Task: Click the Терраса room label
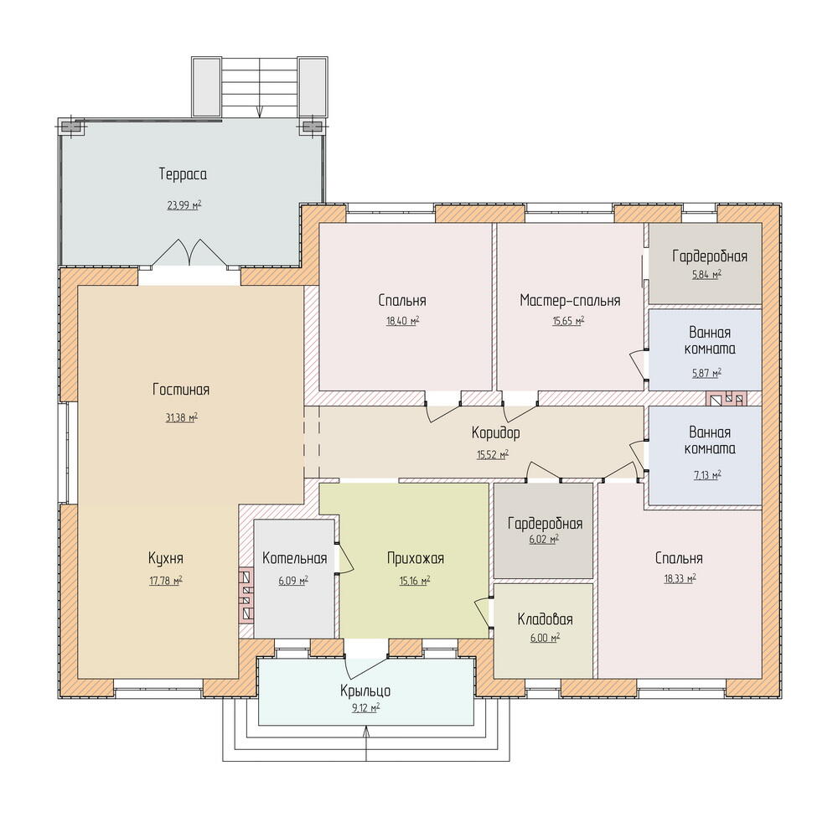point(183,174)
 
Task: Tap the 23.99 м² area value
point(184,204)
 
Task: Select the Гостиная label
point(181,390)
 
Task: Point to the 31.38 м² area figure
point(182,416)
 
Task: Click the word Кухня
point(166,558)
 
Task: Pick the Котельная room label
point(294,558)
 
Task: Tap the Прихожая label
point(416,558)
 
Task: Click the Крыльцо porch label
point(365,691)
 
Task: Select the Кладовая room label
point(546,619)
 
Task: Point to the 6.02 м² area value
point(544,539)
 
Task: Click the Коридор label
point(495,433)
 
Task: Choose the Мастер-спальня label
point(570,300)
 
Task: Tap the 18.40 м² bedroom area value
point(403,321)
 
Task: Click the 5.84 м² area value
point(706,275)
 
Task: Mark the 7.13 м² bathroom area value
point(707,474)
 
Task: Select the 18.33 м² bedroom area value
point(680,578)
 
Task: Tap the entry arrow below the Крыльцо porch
point(366,743)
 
